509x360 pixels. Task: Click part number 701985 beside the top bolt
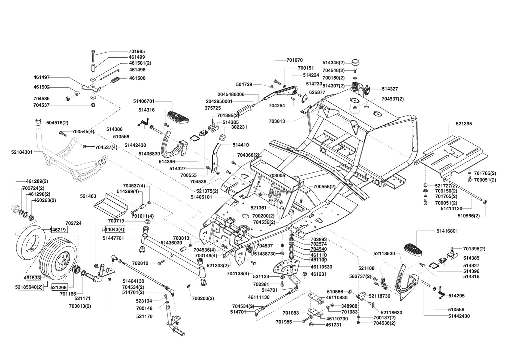tap(137, 51)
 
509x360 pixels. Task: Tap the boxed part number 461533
tap(32, 277)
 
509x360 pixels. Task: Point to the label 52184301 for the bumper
tap(22, 152)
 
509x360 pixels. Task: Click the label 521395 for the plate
tap(464, 124)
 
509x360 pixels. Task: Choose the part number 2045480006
tap(231, 94)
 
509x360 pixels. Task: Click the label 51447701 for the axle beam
tap(113, 238)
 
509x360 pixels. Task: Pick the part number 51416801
tap(447, 231)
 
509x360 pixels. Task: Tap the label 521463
tap(88, 196)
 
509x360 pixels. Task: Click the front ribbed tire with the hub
tap(58, 261)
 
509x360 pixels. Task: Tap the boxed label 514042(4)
tap(113, 229)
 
